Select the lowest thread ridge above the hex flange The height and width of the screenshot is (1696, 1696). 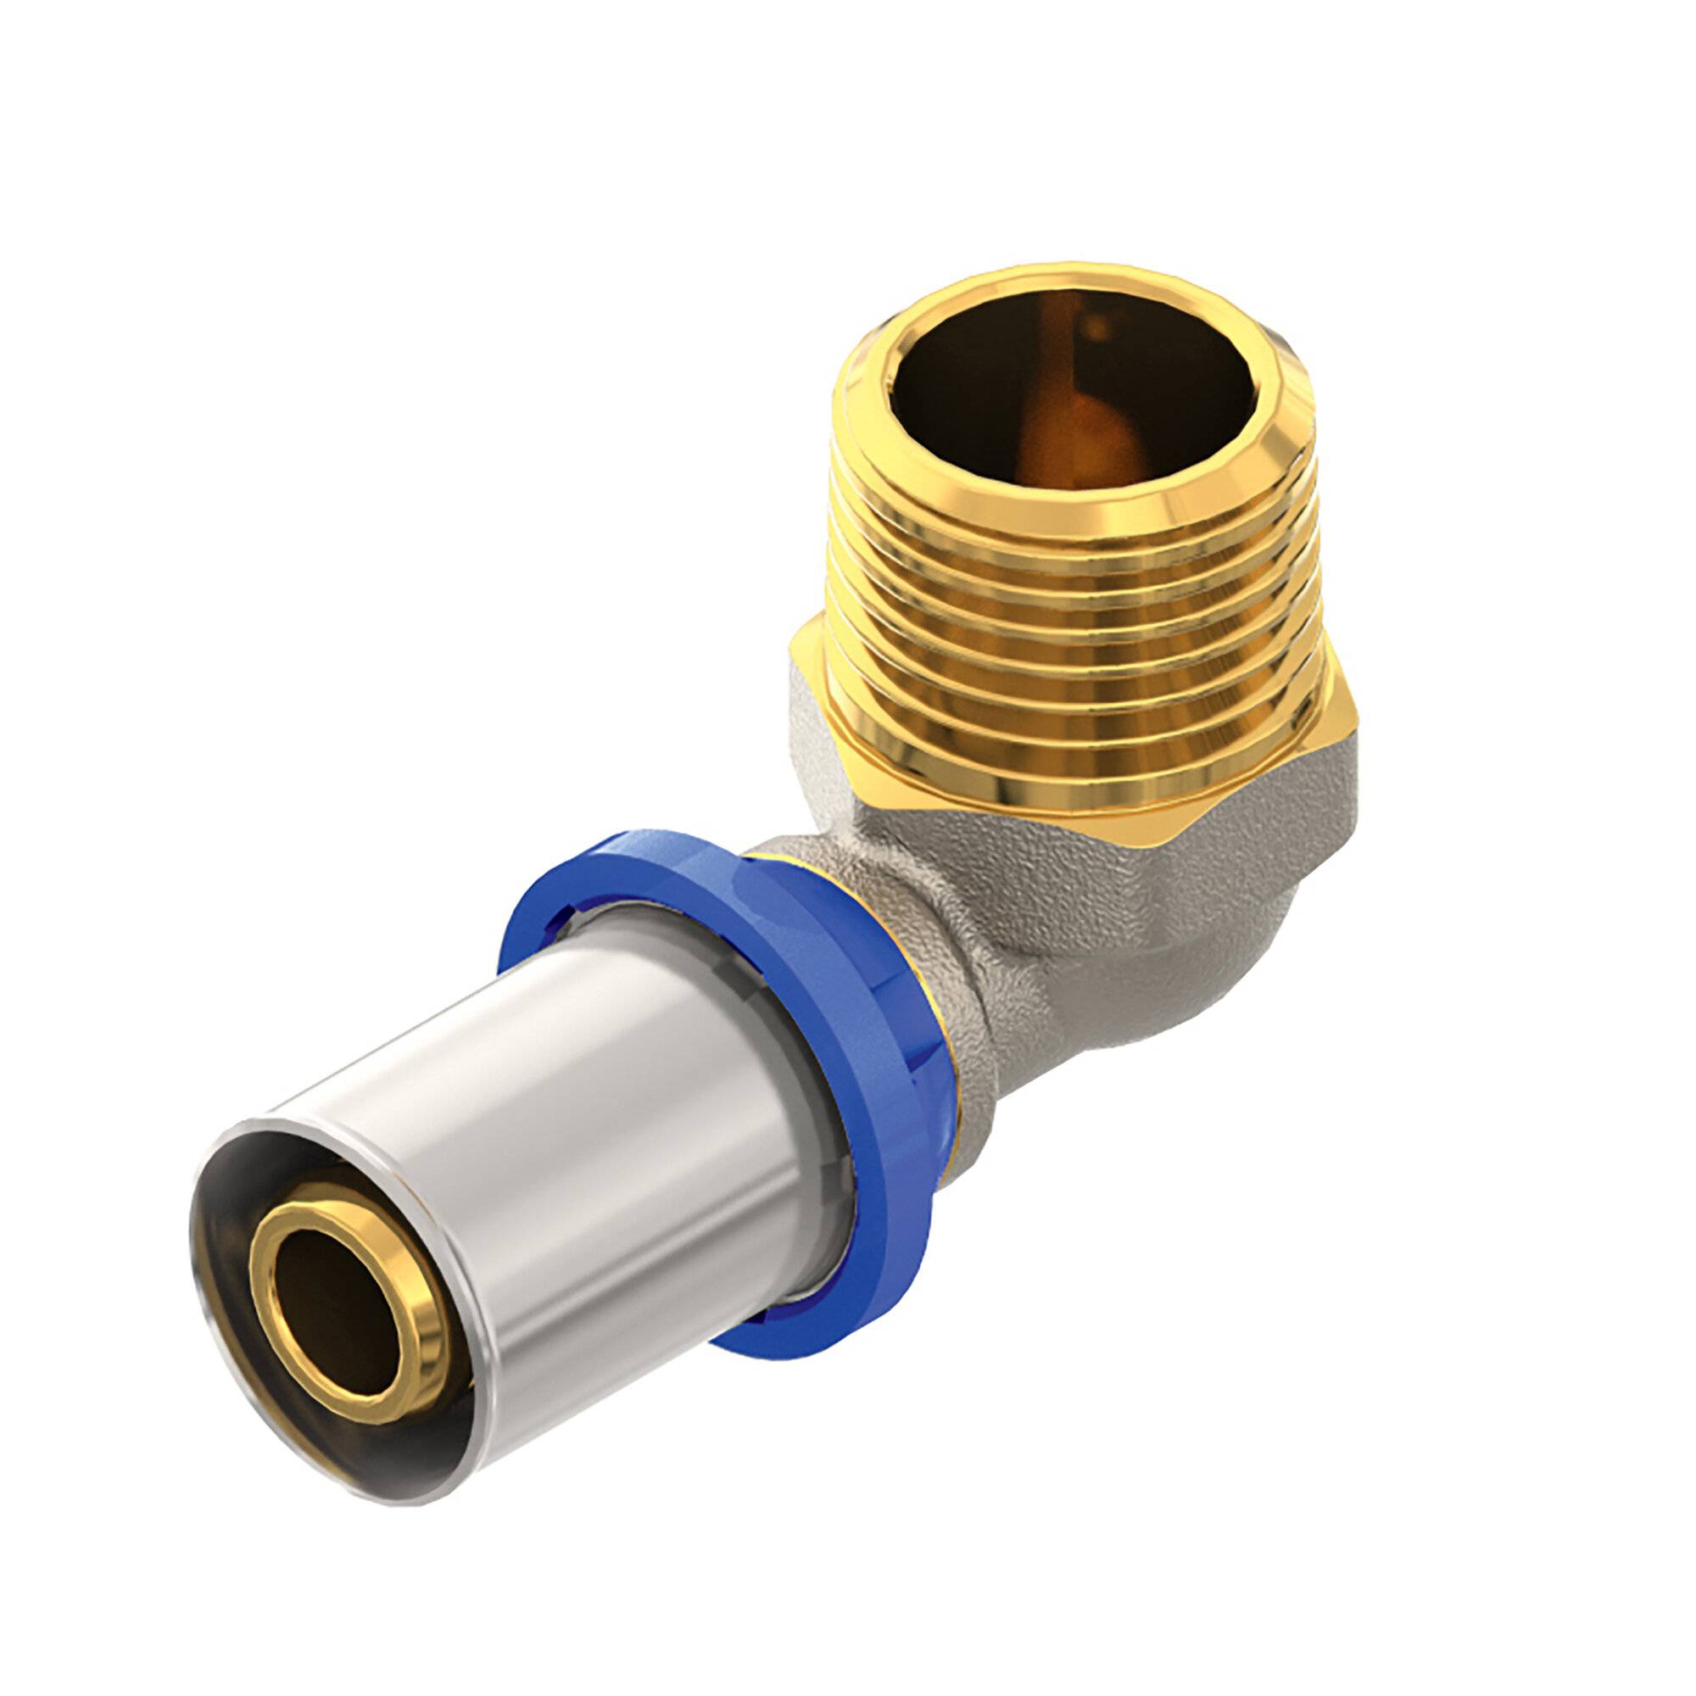(x=1080, y=773)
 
